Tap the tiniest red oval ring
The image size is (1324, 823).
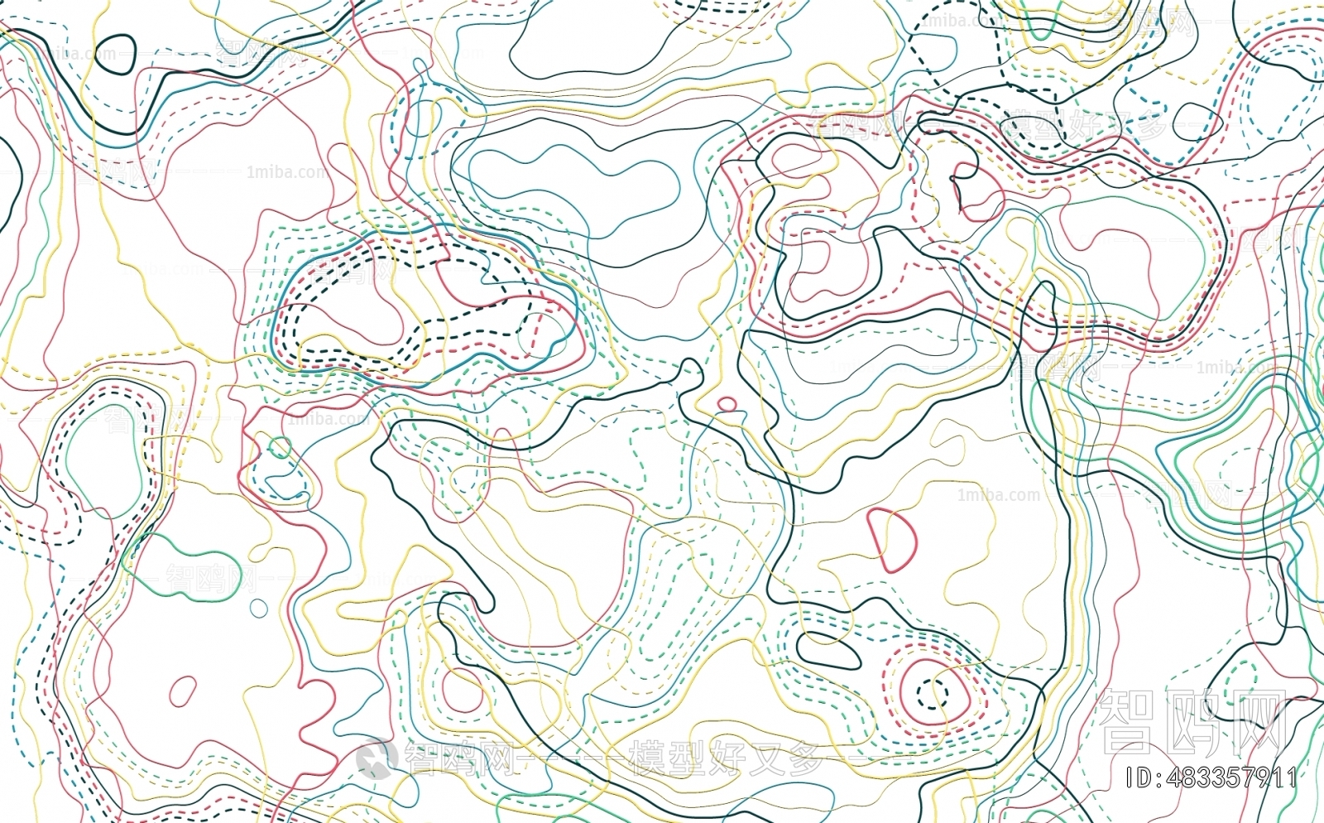coord(727,404)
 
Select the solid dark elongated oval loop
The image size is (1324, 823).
coord(828,651)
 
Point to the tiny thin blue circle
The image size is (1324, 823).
coord(259,609)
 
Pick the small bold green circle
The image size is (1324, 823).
coord(280,448)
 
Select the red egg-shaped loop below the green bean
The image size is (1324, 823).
coord(182,691)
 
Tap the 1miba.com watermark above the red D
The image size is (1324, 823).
coord(998,495)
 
